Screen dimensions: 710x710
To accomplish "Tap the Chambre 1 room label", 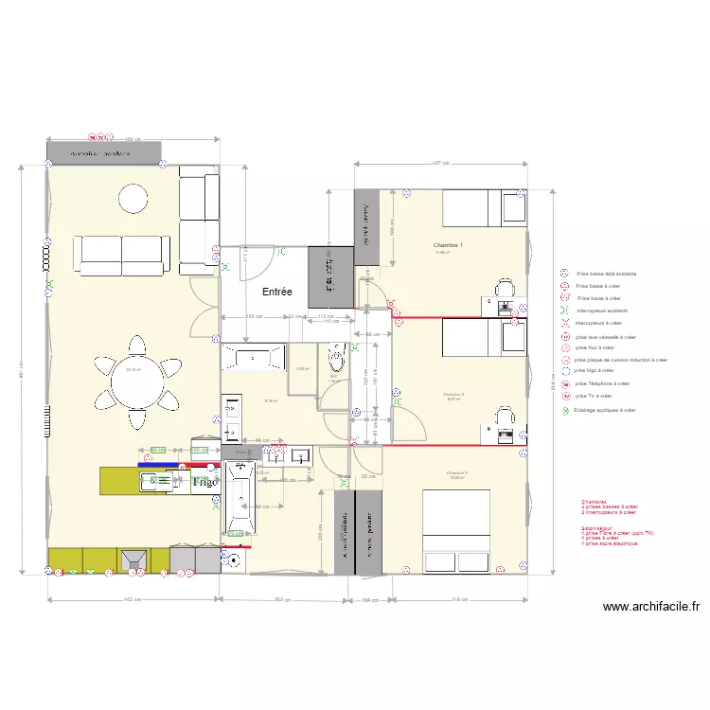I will coord(448,244).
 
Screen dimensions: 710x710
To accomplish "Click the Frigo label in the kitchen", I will coord(205,482).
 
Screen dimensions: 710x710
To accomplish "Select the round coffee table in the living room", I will coord(133,198).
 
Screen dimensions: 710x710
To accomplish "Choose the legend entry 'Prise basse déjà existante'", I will coord(606,274).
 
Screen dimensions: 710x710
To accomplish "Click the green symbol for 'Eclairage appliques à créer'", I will coord(564,411).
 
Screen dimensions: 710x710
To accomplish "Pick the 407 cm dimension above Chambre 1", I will coord(439,163).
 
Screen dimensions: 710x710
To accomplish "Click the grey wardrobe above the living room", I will coord(104,151).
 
